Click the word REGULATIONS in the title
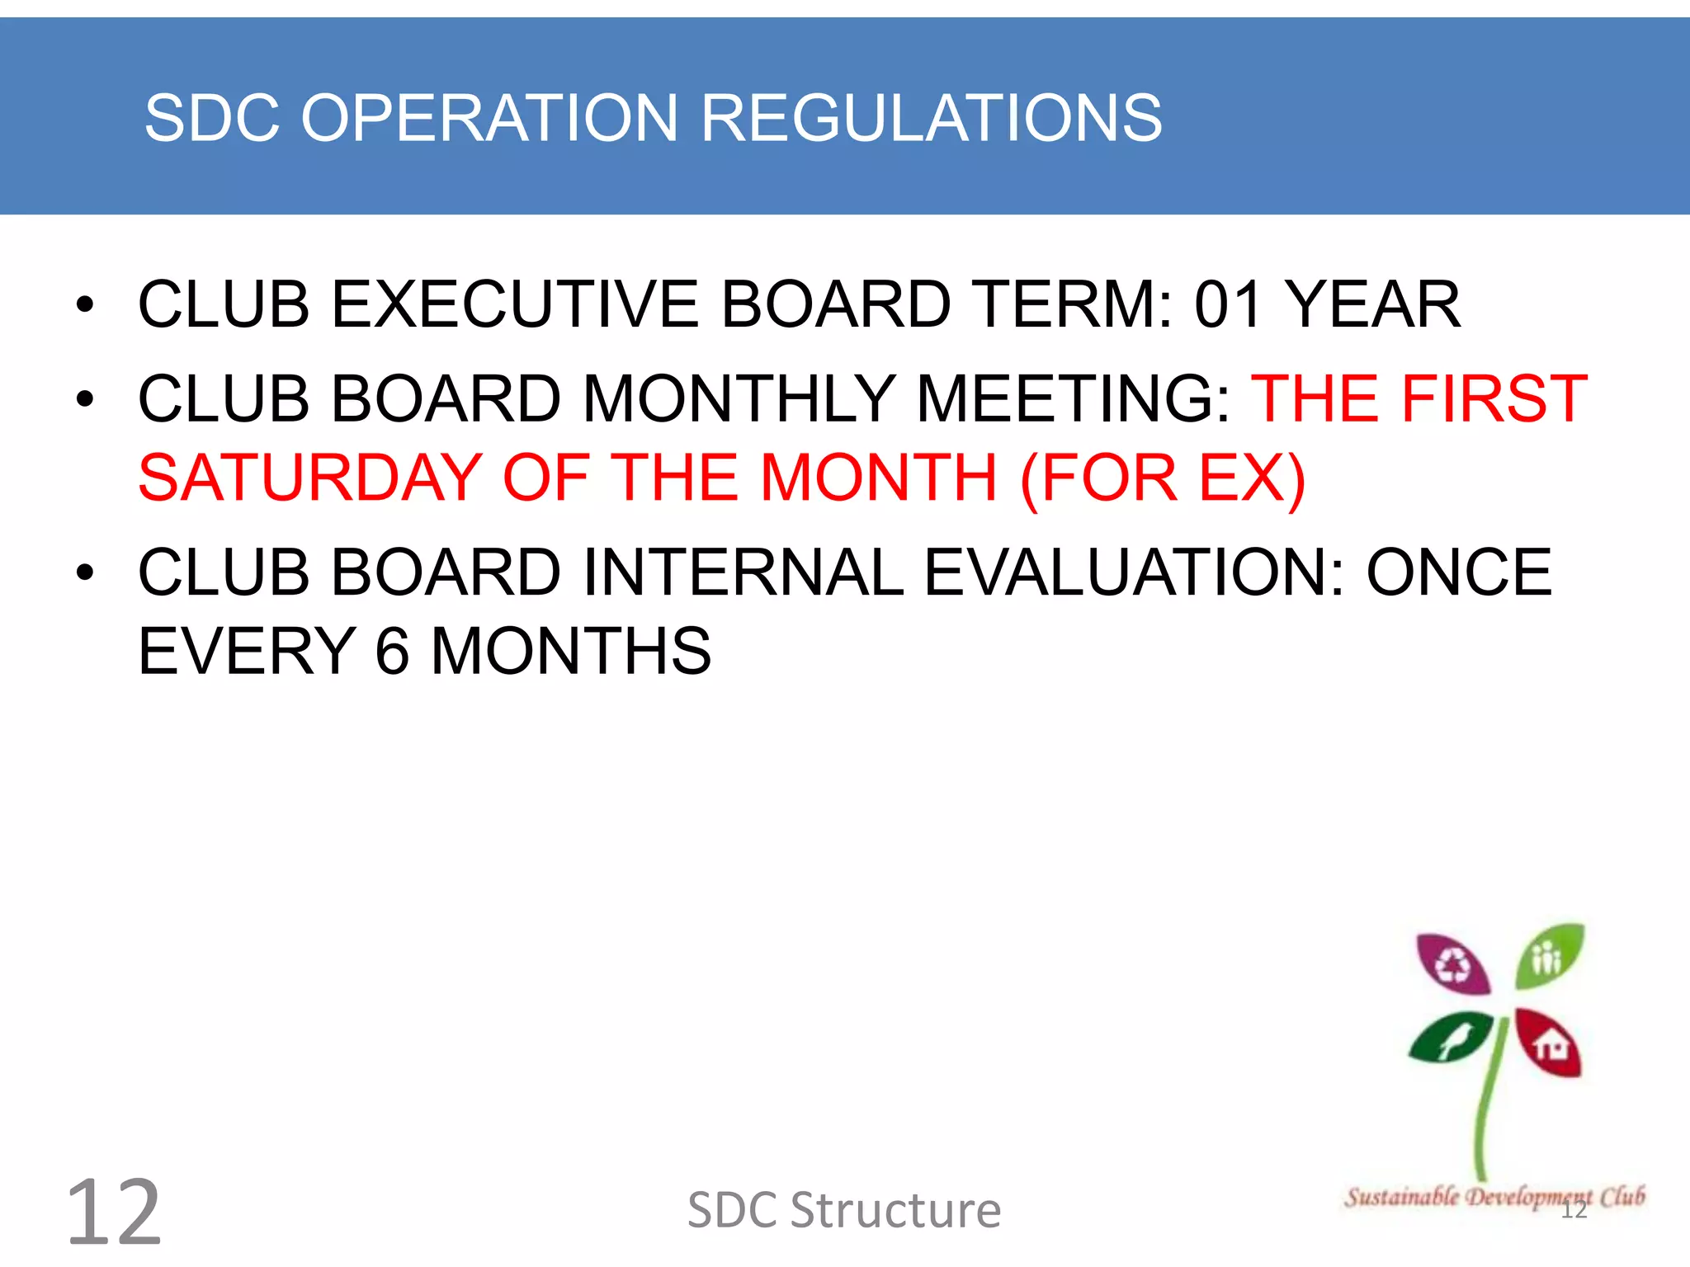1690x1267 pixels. pos(932,118)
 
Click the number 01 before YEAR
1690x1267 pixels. pos(1228,304)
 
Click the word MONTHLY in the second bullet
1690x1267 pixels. pos(739,399)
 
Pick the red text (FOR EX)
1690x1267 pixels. pos(1163,478)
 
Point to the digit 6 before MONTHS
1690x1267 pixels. pos(393,651)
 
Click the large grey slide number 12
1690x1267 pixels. pos(114,1212)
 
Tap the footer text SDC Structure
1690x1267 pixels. pos(844,1210)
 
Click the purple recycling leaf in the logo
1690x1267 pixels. pos(1452,963)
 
